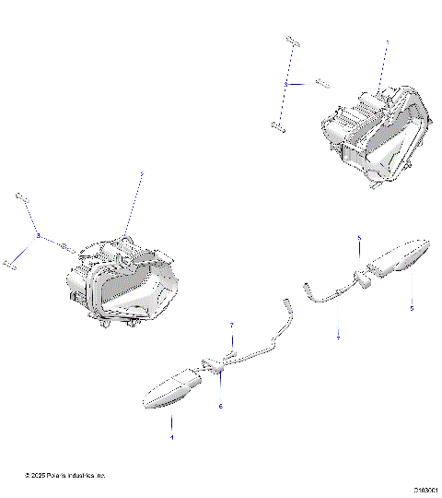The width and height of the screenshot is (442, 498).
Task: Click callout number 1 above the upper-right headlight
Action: click(x=387, y=42)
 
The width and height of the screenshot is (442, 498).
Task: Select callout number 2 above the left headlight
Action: click(x=141, y=173)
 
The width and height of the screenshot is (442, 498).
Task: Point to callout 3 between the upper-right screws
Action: click(x=286, y=83)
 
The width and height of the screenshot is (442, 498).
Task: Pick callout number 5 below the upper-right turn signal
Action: click(x=412, y=308)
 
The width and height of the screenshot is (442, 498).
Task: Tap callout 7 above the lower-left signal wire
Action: click(x=232, y=326)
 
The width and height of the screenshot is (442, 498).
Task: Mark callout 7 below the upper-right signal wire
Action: click(x=338, y=338)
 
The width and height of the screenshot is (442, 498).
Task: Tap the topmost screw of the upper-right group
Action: click(x=292, y=41)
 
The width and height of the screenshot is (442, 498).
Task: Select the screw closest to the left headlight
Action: click(x=67, y=246)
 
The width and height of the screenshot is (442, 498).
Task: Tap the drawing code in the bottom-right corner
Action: click(x=425, y=491)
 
